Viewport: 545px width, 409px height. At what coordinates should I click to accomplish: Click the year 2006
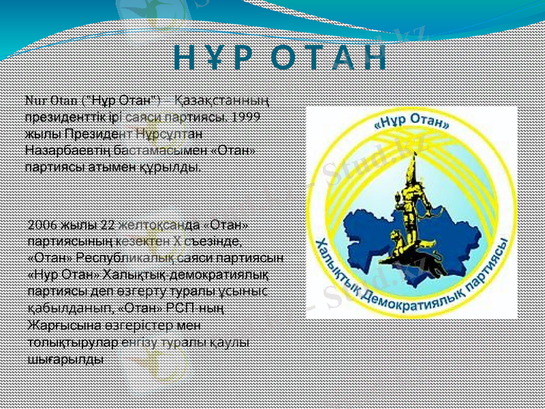[44, 226]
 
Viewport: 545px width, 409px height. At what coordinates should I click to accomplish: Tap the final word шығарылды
[65, 357]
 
